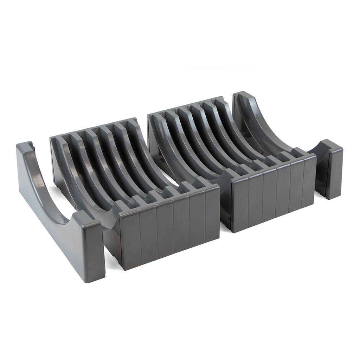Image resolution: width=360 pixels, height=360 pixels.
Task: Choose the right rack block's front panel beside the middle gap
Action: tap(240, 204)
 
